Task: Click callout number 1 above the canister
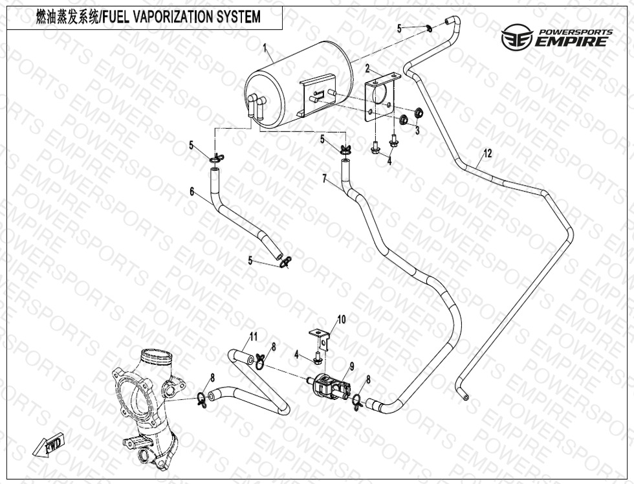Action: tap(265, 47)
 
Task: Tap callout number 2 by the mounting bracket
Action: tap(367, 68)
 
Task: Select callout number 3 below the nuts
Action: tap(417, 130)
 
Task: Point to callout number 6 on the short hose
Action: tap(191, 192)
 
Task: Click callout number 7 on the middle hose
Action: tap(324, 178)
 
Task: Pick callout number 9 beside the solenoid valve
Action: tap(351, 366)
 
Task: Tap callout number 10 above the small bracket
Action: tap(342, 320)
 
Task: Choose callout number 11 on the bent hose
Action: tap(254, 336)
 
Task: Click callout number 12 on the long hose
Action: tap(487, 153)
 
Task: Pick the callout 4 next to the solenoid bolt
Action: tap(296, 354)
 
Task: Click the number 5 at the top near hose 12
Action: tap(399, 28)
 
